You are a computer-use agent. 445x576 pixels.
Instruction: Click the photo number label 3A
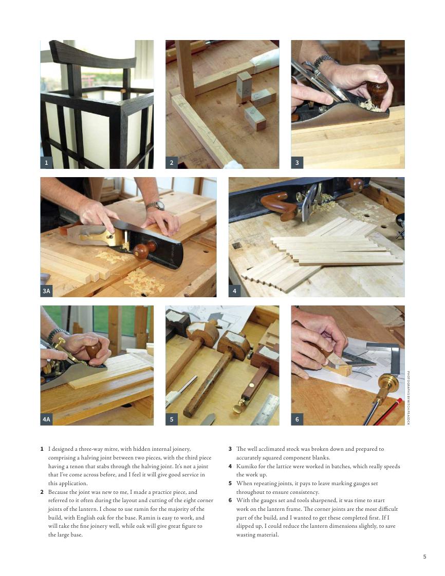pos(46,291)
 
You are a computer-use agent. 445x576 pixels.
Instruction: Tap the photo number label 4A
pos(46,419)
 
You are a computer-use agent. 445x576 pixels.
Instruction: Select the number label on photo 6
pos(297,419)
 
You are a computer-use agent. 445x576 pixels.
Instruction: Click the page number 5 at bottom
pos(424,556)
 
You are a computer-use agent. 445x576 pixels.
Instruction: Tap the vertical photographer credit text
pos(408,397)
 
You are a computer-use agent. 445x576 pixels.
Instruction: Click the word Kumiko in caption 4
pos(246,466)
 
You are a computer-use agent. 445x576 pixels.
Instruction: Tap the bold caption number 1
pos(42,449)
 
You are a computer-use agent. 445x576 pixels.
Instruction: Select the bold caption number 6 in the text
pos(230,501)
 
